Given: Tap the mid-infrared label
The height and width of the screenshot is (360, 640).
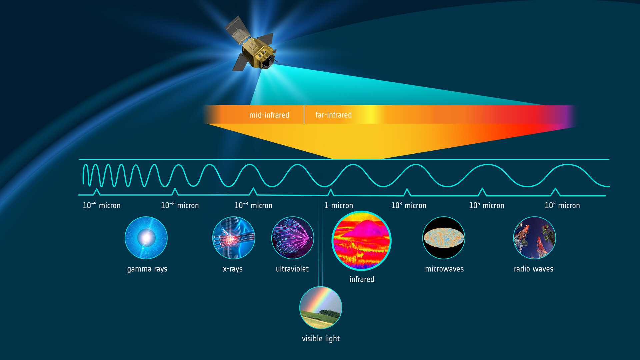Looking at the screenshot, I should [269, 115].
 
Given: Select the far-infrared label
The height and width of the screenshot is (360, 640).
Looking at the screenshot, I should [333, 115].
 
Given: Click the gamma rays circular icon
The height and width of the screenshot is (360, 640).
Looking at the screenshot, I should [146, 238].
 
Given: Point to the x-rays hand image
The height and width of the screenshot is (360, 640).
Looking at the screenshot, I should [234, 238].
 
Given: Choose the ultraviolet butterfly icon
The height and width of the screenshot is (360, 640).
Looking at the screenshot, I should [293, 238].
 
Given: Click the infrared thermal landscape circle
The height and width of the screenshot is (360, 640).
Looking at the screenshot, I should [362, 241].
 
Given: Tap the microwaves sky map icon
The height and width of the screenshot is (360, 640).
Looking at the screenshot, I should [444, 238].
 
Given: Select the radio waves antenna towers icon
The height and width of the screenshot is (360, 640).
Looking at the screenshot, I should [534, 238].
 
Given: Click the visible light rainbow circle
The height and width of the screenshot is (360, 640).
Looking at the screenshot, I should [321, 307].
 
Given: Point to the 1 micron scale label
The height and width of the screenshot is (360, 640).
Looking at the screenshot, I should [339, 206].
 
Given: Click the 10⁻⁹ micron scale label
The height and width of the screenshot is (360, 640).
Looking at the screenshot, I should [101, 205].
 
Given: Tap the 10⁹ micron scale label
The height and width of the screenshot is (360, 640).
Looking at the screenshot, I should [562, 205].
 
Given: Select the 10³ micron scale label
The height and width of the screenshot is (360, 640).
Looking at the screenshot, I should [408, 205].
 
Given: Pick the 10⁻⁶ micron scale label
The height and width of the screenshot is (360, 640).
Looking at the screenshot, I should [180, 205].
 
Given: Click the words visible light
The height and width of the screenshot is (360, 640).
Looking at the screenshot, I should [321, 339].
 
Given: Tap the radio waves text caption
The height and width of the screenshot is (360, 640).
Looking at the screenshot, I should [533, 269].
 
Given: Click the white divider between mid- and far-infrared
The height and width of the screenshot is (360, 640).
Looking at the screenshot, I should [304, 115].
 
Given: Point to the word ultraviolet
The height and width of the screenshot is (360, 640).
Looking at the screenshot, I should [292, 269].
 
